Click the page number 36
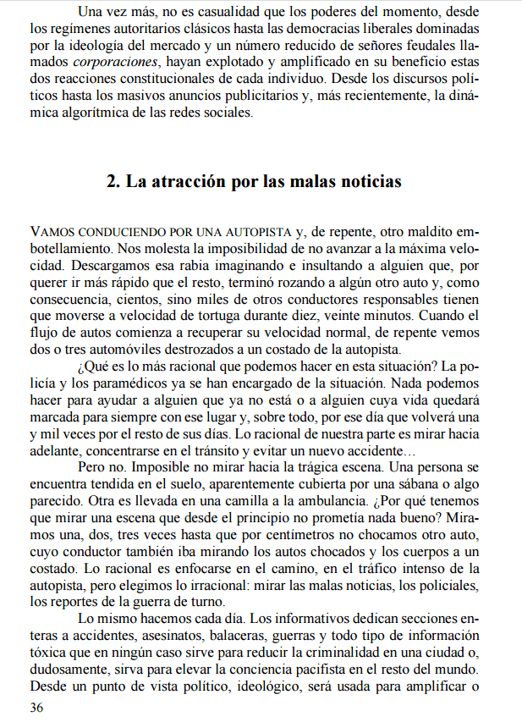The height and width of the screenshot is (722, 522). tap(36, 708)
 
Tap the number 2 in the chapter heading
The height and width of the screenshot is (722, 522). tap(112, 181)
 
